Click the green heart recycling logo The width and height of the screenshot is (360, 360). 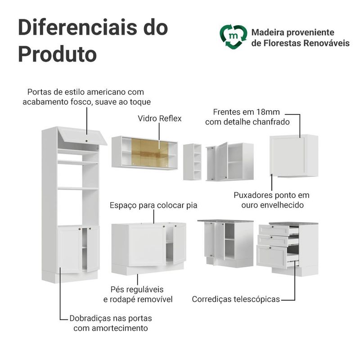tap(233, 37)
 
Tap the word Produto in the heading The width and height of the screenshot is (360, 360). tap(58, 54)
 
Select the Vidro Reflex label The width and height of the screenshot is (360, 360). tap(160, 118)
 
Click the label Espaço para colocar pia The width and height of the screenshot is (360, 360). tap(153, 205)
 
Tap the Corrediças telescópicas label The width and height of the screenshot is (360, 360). tap(236, 299)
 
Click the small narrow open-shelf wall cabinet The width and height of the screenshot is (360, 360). tap(192, 162)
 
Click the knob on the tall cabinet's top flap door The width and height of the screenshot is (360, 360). tap(86, 141)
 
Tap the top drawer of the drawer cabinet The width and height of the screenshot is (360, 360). tap(274, 229)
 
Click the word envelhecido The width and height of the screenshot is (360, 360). tap(272, 205)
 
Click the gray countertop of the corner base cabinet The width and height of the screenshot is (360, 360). tap(225, 221)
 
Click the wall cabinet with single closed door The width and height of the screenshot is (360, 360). tap(294, 156)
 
